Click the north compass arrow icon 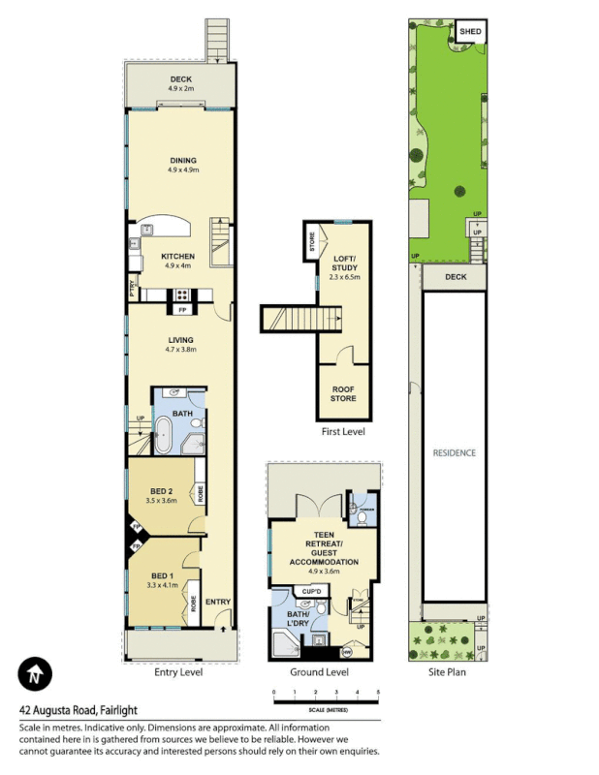coord(35,674)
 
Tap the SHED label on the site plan coord(470,31)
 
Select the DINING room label coord(182,161)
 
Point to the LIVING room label coord(181,340)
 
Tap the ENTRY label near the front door coord(217,602)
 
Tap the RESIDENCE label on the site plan coord(454,452)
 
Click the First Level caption coord(342,432)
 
